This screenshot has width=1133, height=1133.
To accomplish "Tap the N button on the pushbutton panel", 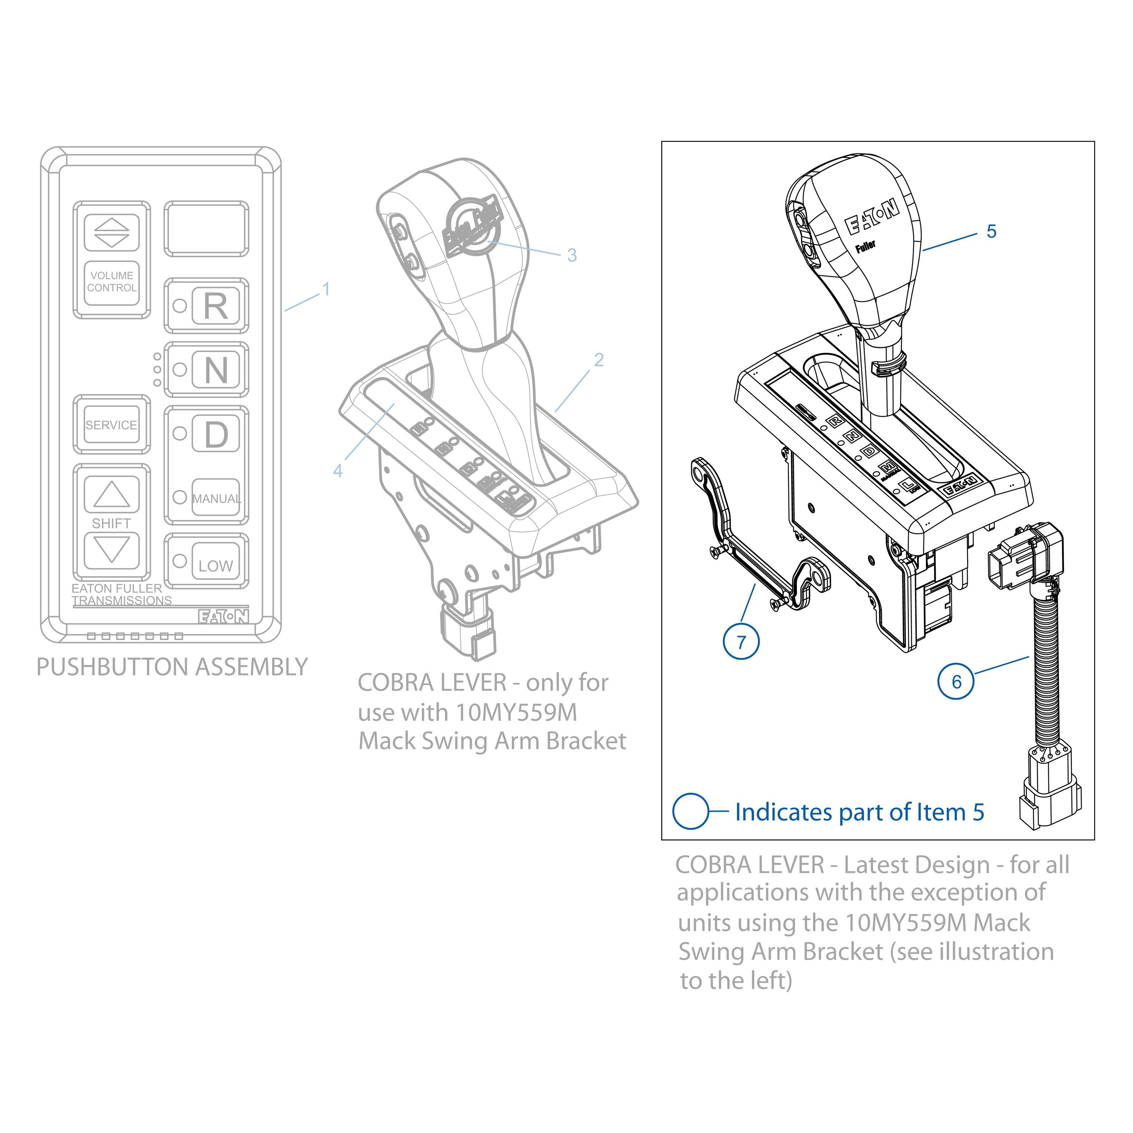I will click(x=216, y=370).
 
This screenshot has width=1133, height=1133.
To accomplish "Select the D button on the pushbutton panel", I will click(x=216, y=434).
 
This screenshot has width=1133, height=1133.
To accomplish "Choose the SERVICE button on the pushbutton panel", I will click(x=111, y=424).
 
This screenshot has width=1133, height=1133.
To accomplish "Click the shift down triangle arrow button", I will click(x=111, y=550).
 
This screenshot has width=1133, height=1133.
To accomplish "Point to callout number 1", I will click(x=326, y=289).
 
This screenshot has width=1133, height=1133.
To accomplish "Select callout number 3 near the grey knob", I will click(x=572, y=255).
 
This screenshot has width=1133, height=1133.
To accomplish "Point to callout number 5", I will click(x=991, y=231).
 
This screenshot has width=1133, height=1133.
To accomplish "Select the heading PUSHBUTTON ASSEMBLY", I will click(x=172, y=667).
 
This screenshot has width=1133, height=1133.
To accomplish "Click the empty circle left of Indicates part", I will click(x=691, y=812).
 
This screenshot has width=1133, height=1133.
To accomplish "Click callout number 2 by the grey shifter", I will click(x=599, y=360).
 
